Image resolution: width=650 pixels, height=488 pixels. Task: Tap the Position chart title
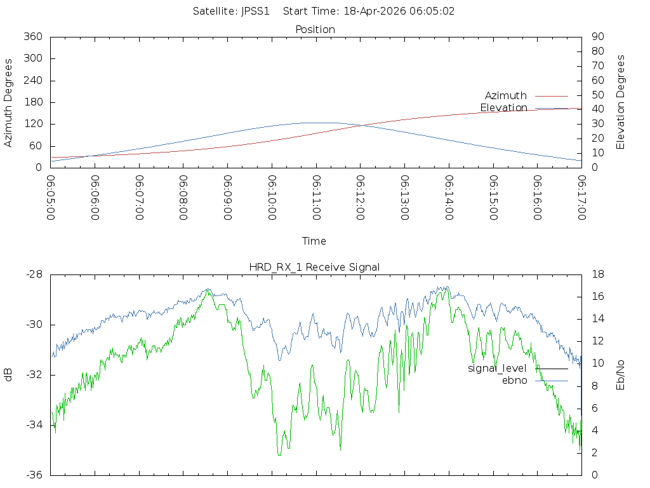coord(315,29)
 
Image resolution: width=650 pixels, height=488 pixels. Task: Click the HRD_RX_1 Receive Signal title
coord(314,267)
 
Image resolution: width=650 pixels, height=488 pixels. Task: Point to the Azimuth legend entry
coord(506,95)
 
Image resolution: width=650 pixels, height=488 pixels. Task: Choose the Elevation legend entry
coord(503,108)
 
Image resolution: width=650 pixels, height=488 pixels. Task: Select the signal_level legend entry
coord(497,369)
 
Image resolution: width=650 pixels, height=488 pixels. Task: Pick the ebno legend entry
coord(514,380)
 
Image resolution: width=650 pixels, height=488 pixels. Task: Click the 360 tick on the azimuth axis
coord(32,37)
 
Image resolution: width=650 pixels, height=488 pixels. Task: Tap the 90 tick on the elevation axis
coord(597,37)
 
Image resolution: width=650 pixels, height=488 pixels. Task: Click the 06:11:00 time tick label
coord(316,198)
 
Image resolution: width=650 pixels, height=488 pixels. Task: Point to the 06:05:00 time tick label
coord(51,198)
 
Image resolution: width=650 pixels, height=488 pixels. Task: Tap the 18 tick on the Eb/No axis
coord(597,274)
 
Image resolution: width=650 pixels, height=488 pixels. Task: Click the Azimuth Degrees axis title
coord(9,102)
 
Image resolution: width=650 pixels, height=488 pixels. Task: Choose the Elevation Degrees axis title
coord(621,102)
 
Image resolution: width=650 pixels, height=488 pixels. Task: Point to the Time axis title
coord(314,241)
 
